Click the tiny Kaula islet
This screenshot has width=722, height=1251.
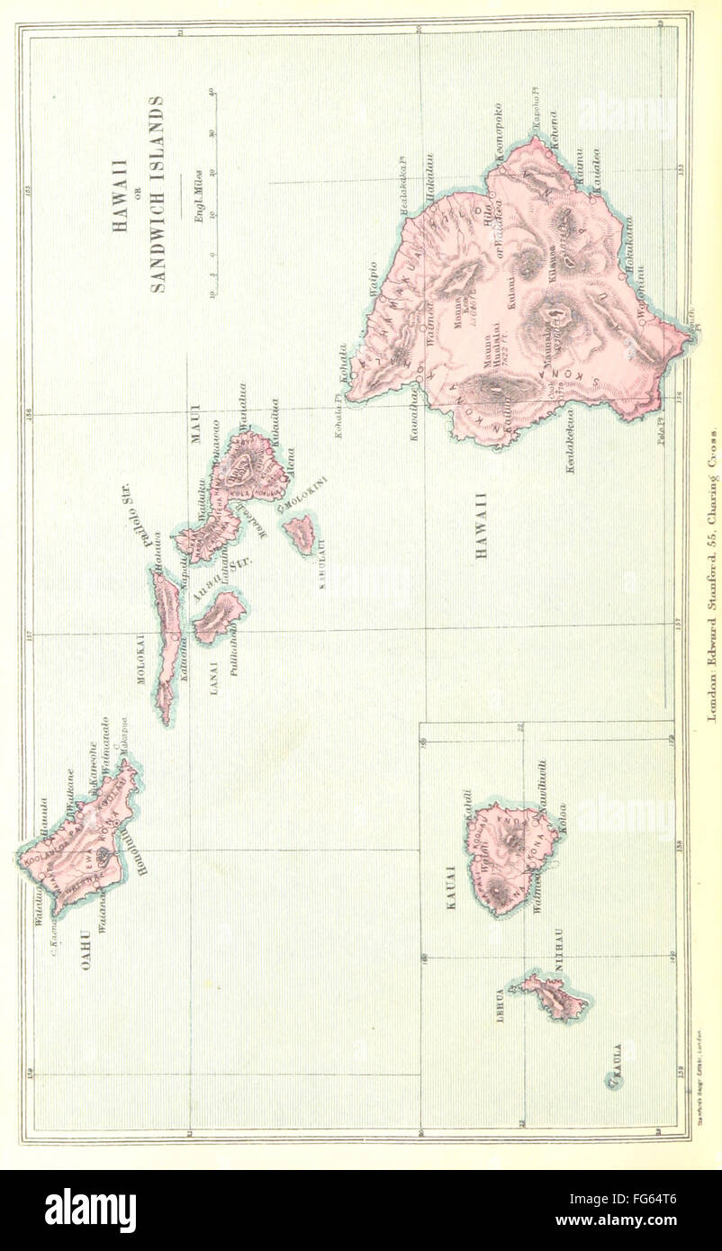(x=616, y=1081)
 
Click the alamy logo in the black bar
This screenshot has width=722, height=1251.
(x=90, y=1209)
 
